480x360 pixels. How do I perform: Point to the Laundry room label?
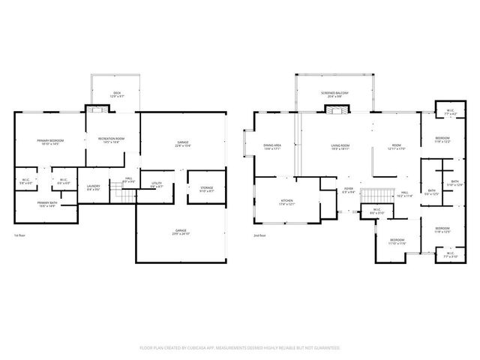point(94,187)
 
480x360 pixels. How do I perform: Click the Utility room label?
point(156,184)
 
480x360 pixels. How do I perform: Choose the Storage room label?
point(206,190)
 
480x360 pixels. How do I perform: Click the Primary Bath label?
point(47,204)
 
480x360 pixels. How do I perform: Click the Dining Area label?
point(271,147)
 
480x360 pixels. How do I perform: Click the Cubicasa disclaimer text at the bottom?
point(240,348)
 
